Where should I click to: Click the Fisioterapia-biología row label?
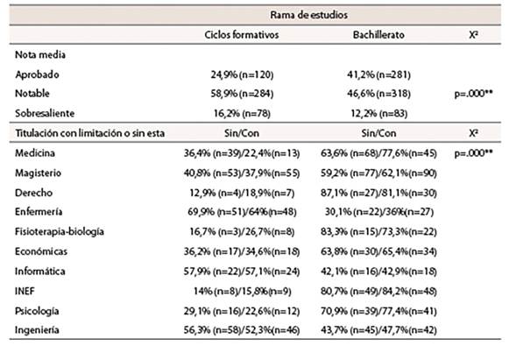(x=59, y=232)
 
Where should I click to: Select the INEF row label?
(x=27, y=291)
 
